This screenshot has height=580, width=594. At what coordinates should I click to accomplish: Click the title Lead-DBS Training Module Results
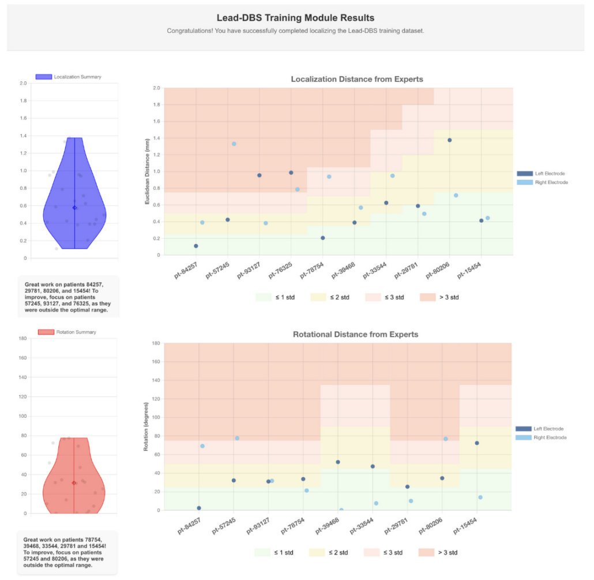295,18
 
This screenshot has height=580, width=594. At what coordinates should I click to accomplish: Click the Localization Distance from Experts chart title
357,79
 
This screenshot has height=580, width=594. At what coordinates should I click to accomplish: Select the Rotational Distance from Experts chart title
355,334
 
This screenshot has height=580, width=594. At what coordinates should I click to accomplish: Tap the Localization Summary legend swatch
44,77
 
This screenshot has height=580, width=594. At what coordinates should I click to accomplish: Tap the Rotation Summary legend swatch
46,332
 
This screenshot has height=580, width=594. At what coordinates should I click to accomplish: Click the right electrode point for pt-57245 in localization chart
234,144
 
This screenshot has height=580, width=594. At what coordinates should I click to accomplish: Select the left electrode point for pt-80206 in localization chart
449,140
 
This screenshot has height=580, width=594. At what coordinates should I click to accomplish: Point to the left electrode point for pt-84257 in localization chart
196,246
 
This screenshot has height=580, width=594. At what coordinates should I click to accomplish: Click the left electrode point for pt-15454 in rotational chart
477,443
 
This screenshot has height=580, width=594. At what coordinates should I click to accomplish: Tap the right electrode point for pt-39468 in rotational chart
341,510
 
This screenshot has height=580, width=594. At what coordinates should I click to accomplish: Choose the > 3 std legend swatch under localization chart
427,297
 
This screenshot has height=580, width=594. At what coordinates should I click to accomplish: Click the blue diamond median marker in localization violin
74,207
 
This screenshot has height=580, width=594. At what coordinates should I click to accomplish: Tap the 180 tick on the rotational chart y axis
156,343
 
